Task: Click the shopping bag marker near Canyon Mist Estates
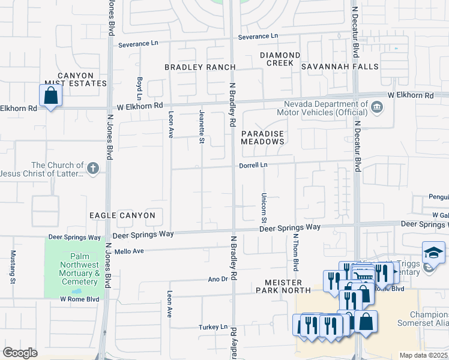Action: pyautogui.click(x=50, y=95)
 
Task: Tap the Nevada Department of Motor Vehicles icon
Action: pyautogui.click(x=376, y=107)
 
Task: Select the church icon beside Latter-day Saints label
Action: pyautogui.click(x=92, y=169)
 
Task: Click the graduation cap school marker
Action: pyautogui.click(x=433, y=252)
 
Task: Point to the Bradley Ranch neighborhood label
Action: pyautogui.click(x=199, y=67)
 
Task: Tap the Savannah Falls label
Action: pyautogui.click(x=340, y=67)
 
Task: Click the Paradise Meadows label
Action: pyautogui.click(x=262, y=137)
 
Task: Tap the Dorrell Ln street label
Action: pyautogui.click(x=253, y=164)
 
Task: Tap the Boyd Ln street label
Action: pyautogui.click(x=139, y=88)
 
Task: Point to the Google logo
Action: pyautogui.click(x=20, y=353)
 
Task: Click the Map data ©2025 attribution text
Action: pyautogui.click(x=423, y=355)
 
